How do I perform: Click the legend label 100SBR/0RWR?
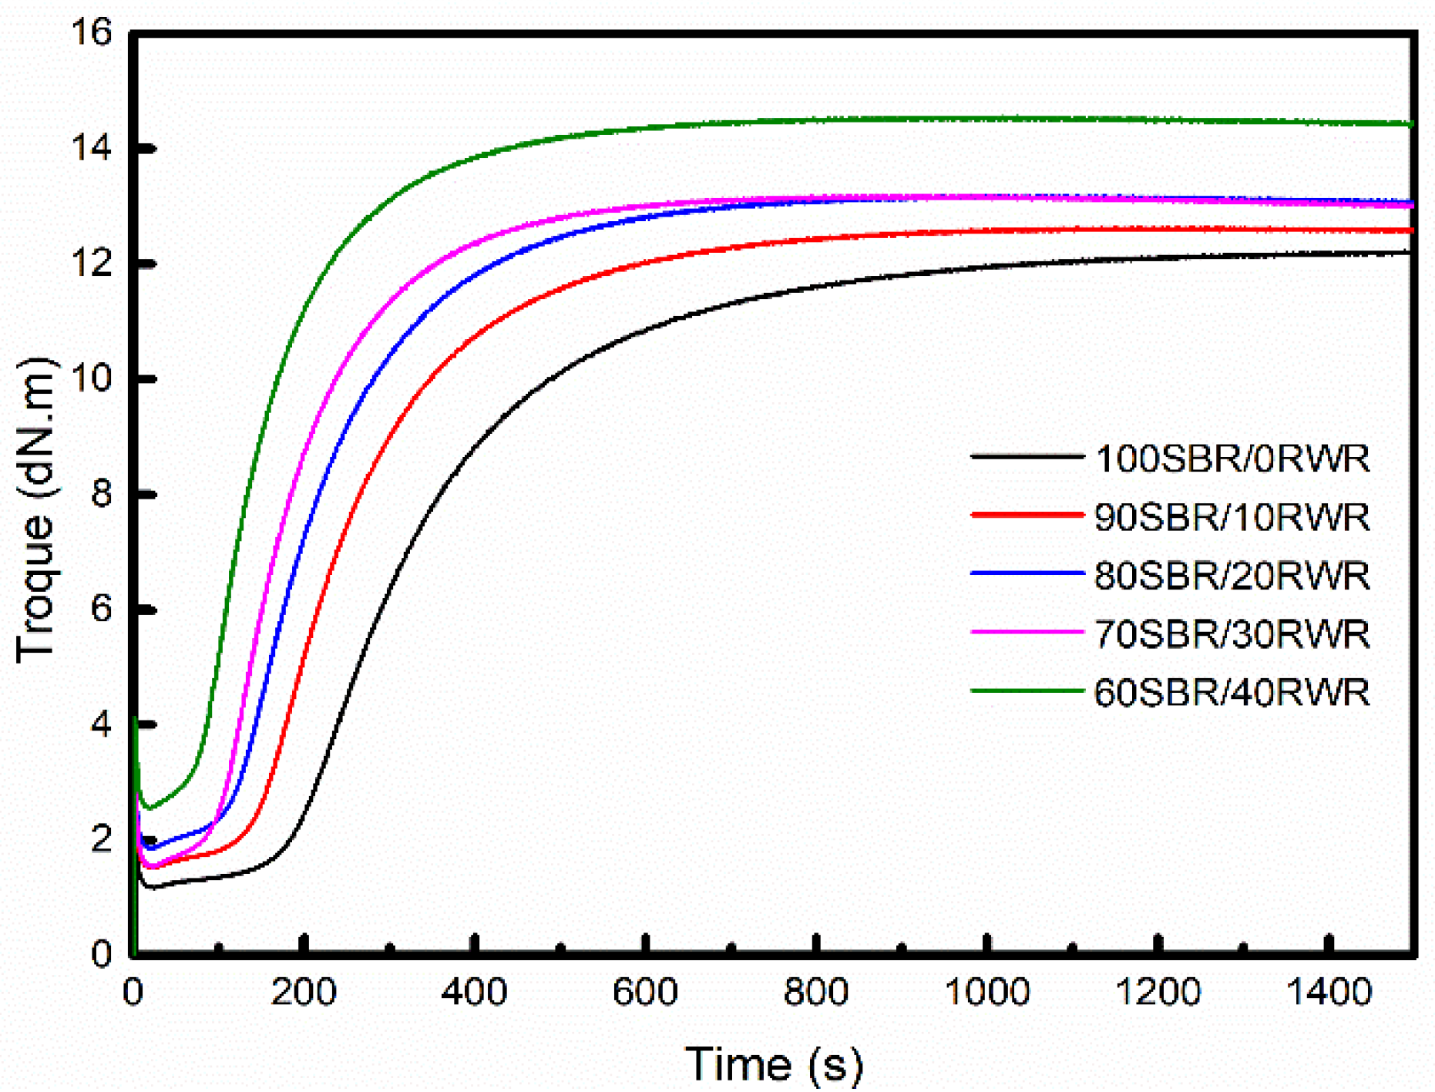[1232, 459]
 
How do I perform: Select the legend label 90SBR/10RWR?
[1232, 517]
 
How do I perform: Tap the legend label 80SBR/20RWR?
[1232, 576]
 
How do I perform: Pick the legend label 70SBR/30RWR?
[1232, 634]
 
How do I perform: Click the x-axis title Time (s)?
[773, 1064]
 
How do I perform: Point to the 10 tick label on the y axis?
[90, 379]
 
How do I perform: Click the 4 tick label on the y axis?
[101, 724]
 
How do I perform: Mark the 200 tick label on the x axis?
[304, 992]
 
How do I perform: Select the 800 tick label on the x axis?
[816, 992]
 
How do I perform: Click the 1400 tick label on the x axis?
[1329, 992]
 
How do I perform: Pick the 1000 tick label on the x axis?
[987, 992]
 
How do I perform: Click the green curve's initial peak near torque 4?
[136, 720]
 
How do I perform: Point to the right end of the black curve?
[1411, 252]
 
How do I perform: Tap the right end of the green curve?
[1411, 123]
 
